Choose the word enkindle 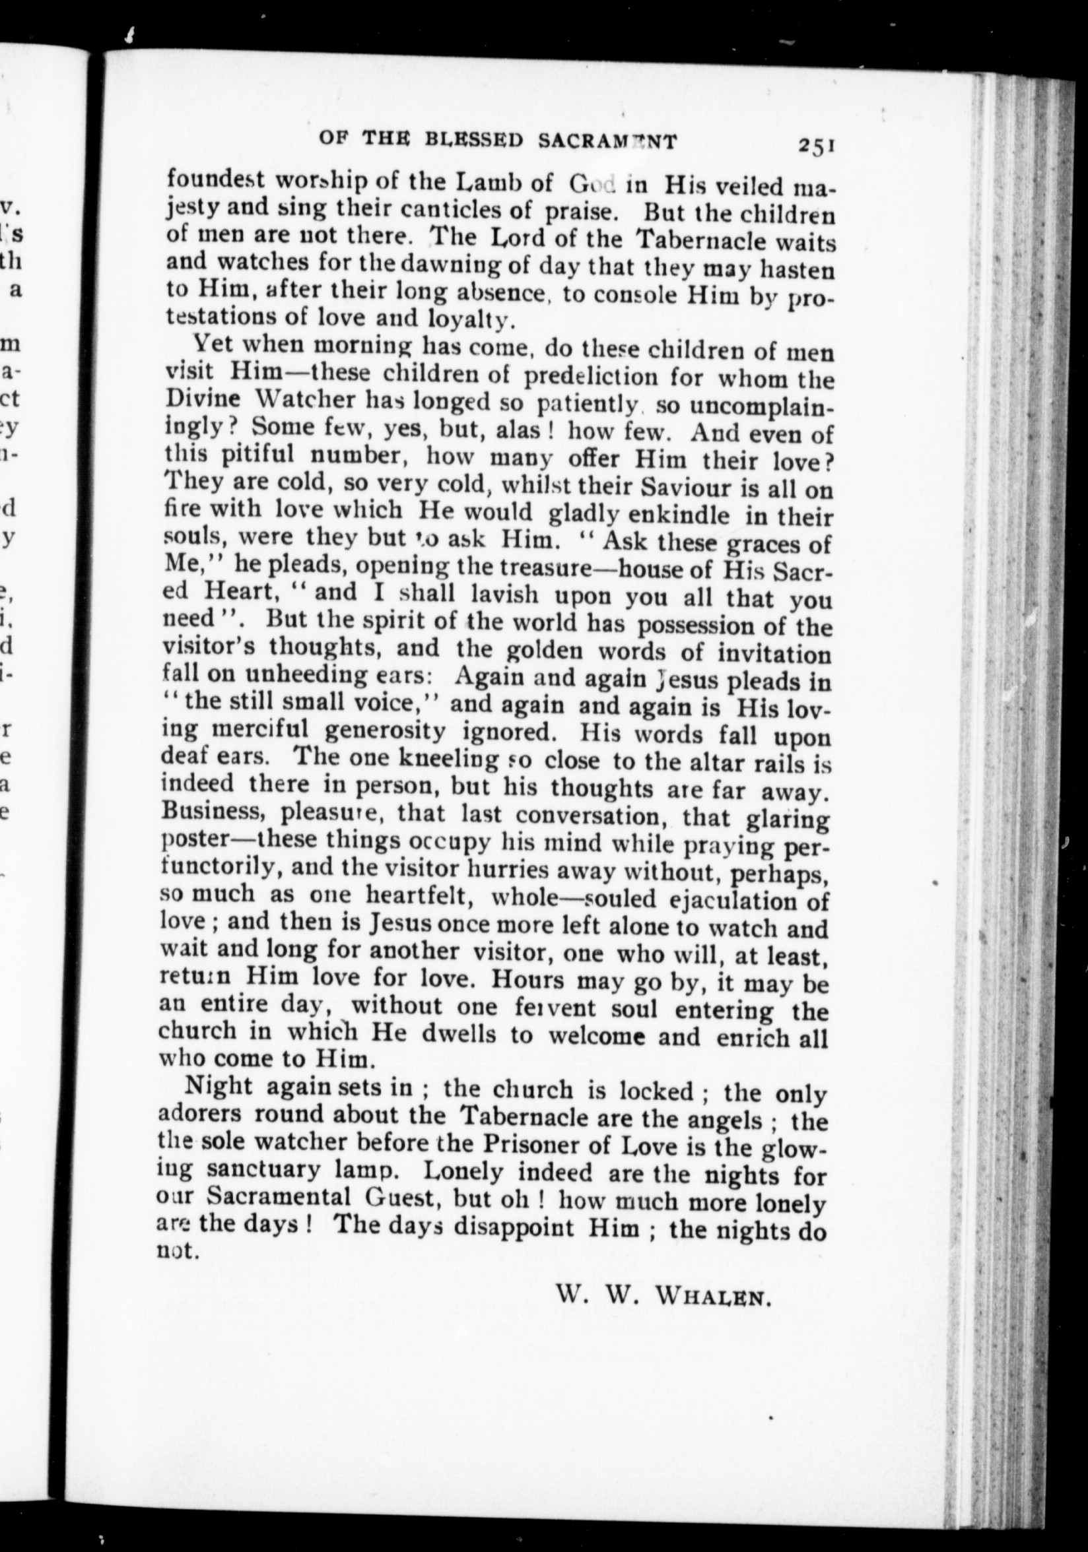[x=678, y=516]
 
